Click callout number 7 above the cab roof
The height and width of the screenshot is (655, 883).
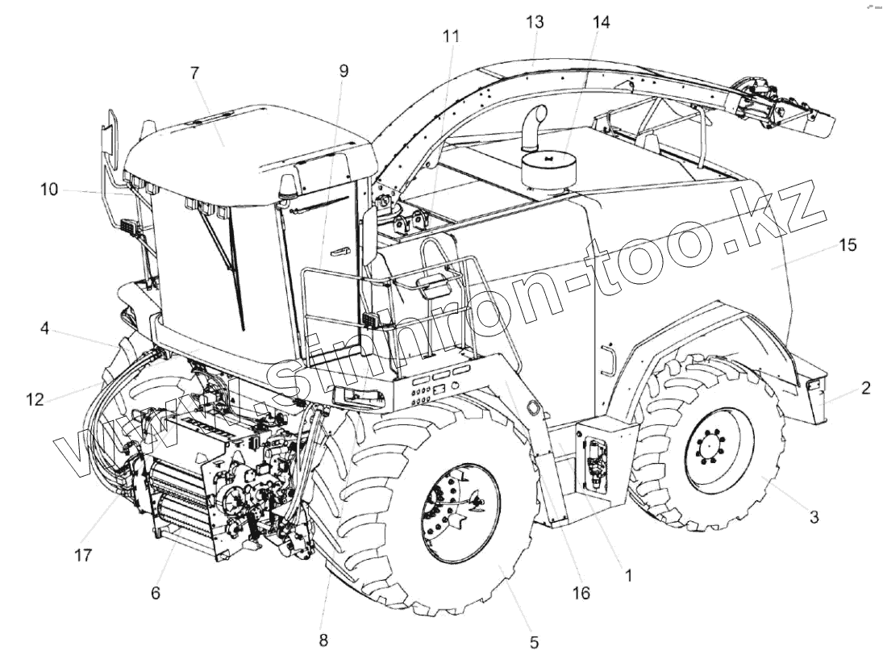tap(194, 73)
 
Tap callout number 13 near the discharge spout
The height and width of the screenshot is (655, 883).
tap(535, 22)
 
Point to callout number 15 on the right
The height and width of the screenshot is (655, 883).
tap(848, 244)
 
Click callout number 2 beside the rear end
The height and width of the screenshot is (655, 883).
tap(865, 388)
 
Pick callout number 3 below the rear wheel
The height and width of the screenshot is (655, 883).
tap(814, 517)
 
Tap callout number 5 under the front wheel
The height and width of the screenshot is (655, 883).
tap(534, 642)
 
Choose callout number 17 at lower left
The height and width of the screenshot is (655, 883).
tap(83, 555)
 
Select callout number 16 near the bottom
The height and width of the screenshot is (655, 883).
tap(581, 594)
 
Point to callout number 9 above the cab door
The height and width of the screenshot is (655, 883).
tap(344, 71)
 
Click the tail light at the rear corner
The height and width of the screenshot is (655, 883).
tap(814, 388)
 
